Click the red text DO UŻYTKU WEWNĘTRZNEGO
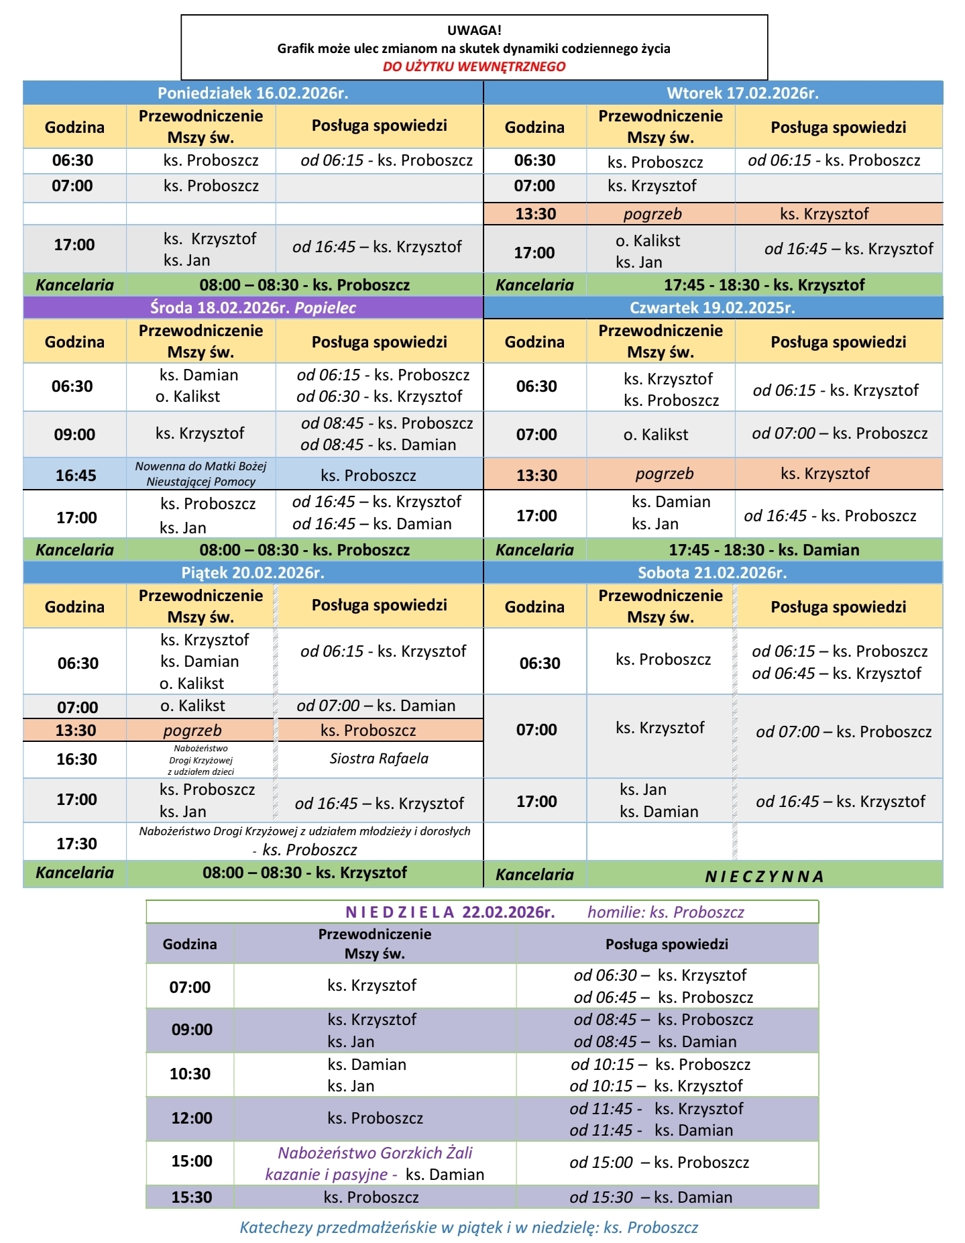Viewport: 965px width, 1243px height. pos(474,66)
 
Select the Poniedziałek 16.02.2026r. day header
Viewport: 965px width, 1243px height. pos(253,93)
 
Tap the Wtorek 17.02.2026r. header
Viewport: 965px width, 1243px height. pos(742,93)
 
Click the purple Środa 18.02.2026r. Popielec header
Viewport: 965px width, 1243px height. pos(253,308)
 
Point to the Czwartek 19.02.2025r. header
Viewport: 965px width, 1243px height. pos(712,308)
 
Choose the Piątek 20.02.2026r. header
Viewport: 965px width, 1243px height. pos(253,572)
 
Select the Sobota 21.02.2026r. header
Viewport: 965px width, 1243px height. pos(712,572)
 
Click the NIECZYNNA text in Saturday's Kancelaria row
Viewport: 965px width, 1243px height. pos(764,876)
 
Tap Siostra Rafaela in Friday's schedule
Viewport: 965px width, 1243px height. pos(379,759)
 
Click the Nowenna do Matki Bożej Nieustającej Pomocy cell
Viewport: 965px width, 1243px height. pos(201,474)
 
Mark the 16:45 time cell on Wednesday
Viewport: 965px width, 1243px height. pos(76,476)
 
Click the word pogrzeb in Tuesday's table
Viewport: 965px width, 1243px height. pos(652,214)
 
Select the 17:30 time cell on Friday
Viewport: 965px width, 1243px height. pos(76,843)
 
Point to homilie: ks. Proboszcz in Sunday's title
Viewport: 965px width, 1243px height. pos(665,912)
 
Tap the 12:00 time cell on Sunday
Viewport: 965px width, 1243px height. pos(192,1118)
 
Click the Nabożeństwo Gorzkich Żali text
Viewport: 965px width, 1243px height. pos(375,1153)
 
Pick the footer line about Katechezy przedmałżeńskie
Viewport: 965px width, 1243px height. pos(469,1228)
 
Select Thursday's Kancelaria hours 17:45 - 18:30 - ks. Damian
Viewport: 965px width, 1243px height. pos(764,550)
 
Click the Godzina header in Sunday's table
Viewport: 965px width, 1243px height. pos(190,944)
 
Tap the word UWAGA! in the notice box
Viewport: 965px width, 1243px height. pos(474,30)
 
